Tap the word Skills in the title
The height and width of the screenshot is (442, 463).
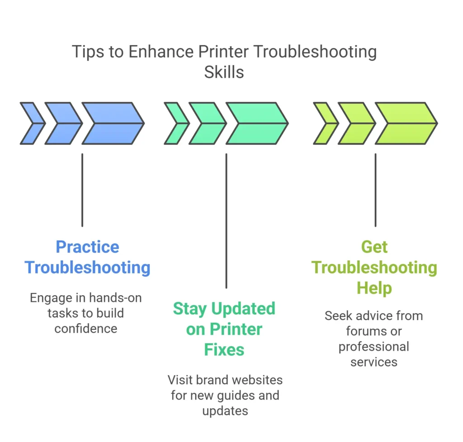point(224,72)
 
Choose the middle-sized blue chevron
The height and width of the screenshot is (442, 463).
point(63,123)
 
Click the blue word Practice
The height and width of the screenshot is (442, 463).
point(87,247)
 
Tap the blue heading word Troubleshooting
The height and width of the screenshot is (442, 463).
point(87,267)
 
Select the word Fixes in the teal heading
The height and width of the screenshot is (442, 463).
point(224,349)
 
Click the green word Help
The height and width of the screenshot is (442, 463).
point(374,287)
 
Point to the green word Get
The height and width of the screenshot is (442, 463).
point(374,247)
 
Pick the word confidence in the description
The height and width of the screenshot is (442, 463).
point(86,328)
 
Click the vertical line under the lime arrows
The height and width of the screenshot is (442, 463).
point(375,190)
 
